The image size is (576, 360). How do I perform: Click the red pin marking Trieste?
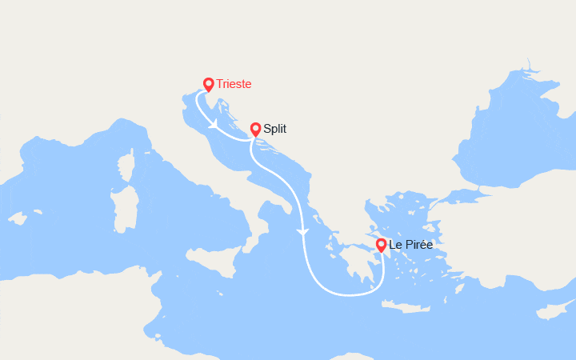point(208,84)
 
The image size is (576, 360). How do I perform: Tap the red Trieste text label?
point(238,83)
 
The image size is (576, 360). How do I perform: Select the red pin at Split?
point(255,129)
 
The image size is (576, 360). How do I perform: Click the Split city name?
point(274,128)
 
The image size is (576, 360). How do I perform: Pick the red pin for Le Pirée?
point(381,245)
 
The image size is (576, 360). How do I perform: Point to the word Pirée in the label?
point(418,244)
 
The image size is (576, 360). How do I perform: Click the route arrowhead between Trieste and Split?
point(214,126)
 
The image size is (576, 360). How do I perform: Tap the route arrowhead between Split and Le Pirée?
point(302,232)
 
